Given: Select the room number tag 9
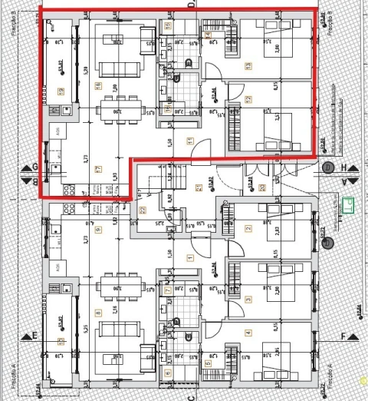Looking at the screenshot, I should [98, 229].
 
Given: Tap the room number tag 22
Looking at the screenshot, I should [142, 210].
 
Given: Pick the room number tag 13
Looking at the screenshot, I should [248, 66].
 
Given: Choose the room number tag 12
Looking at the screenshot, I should [248, 99].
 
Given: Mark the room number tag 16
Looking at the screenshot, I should [98, 85].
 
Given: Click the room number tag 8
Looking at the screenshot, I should [98, 313].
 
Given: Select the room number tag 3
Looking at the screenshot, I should [248, 299].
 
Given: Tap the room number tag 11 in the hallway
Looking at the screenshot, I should [190, 141].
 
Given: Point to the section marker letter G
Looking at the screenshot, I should [34, 167].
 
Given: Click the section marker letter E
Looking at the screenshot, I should [34, 336].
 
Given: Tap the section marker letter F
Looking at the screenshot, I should [344, 336].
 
